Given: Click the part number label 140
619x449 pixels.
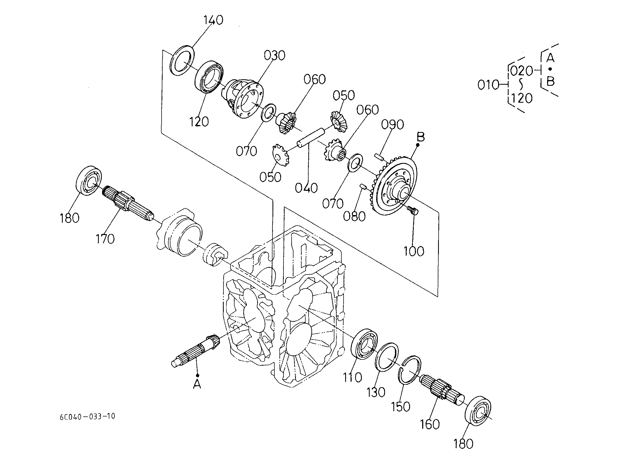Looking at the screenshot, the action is [x=213, y=20].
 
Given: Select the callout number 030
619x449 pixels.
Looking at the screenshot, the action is [x=274, y=55].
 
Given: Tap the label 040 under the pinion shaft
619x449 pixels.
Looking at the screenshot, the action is [x=306, y=188].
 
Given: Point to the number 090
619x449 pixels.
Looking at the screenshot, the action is [x=393, y=124].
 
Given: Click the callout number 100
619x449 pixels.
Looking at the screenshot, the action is [x=414, y=251].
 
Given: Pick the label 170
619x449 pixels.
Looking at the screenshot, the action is [x=105, y=239].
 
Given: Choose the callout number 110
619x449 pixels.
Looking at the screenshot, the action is [x=352, y=377].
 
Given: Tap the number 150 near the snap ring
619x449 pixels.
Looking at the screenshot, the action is [x=401, y=407].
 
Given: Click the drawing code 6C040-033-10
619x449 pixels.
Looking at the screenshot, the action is [x=88, y=416].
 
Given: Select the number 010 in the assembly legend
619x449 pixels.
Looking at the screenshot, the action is [x=488, y=85].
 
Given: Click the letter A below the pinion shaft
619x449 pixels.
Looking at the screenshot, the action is [x=197, y=384].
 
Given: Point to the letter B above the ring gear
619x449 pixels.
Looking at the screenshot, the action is [x=421, y=137].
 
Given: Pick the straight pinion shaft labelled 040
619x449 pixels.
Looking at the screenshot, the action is [x=311, y=139].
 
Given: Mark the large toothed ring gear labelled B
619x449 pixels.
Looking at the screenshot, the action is [x=395, y=185].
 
